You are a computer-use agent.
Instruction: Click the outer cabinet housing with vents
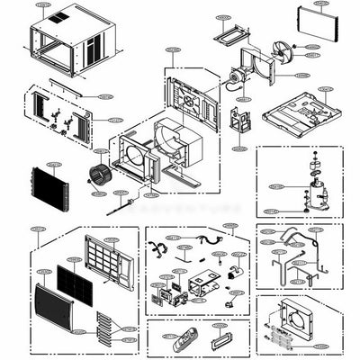pyautogui.click(x=76, y=40)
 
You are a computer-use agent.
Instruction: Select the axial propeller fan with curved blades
pyautogui.click(x=283, y=51)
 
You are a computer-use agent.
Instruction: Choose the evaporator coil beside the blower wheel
pyautogui.click(x=50, y=188)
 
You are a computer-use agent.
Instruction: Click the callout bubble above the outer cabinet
pyautogui.click(x=43, y=4)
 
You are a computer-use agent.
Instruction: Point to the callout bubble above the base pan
pyautogui.click(x=325, y=89)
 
